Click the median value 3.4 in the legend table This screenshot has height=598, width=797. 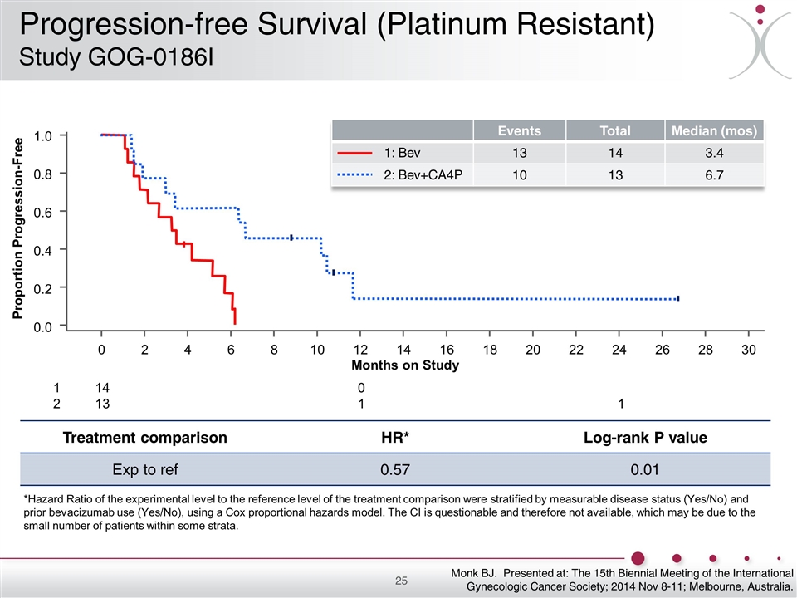pyautogui.click(x=713, y=153)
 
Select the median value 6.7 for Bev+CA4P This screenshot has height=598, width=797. pyautogui.click(x=713, y=174)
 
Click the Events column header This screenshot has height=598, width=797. pyautogui.click(x=519, y=130)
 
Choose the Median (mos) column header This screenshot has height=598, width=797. pyautogui.click(x=713, y=130)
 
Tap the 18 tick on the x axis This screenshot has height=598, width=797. pyautogui.click(x=490, y=350)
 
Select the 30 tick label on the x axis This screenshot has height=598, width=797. pyautogui.click(x=749, y=350)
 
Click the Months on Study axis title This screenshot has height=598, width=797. pyautogui.click(x=405, y=365)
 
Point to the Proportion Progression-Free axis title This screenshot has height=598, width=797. pyautogui.click(x=17, y=229)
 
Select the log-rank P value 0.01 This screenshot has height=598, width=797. pyautogui.click(x=645, y=471)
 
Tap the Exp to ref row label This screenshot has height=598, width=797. pyautogui.click(x=145, y=471)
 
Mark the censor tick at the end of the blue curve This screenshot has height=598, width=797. pyautogui.click(x=678, y=298)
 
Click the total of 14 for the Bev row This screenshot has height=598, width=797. pyautogui.click(x=615, y=153)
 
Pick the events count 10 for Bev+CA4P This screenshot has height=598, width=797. pyautogui.click(x=519, y=174)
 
